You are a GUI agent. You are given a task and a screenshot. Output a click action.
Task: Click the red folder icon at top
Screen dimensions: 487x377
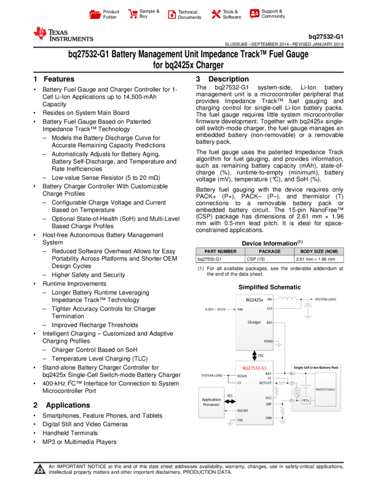pyautogui.click(x=95, y=15)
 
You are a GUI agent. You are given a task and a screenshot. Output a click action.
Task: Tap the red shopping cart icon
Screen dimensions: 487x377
pyautogui.click(x=133, y=14)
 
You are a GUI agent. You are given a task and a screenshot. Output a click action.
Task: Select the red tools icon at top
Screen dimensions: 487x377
pyautogui.click(x=216, y=14)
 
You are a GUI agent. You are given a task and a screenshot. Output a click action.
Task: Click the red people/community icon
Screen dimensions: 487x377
pyautogui.click(x=255, y=14)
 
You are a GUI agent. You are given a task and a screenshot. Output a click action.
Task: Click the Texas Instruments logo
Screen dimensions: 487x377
pyautogui.click(x=63, y=34)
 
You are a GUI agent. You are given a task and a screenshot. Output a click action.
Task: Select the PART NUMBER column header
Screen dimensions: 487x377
pyautogui.click(x=220, y=252)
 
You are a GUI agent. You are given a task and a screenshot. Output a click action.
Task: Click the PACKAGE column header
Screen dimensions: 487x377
pyautogui.click(x=270, y=252)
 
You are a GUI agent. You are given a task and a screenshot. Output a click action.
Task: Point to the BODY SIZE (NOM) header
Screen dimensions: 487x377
pyautogui.click(x=319, y=252)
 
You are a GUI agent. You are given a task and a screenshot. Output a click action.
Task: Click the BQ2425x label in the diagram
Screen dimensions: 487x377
pyautogui.click(x=255, y=300)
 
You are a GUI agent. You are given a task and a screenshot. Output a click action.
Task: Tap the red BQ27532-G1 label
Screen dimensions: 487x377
pyautogui.click(x=254, y=367)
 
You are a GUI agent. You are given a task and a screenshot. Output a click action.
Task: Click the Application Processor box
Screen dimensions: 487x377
pyautogui.click(x=211, y=402)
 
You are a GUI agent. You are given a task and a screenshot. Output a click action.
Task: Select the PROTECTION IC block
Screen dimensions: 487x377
pyautogui.click(x=325, y=390)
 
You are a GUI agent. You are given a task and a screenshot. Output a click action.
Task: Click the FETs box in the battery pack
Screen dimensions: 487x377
pyautogui.click(x=305, y=400)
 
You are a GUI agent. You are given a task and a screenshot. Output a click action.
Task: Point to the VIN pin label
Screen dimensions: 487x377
pyautogui.click(x=240, y=309)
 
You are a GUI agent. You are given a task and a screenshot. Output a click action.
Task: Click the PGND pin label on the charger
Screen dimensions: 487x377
pyautogui.click(x=268, y=341)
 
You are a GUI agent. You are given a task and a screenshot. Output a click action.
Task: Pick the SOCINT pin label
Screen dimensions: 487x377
pyautogui.click(x=243, y=411)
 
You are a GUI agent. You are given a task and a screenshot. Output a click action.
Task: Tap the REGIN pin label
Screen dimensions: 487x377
pyautogui.click(x=242, y=376)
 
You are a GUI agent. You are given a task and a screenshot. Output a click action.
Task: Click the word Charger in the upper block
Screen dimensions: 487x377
pyautogui.click(x=254, y=322)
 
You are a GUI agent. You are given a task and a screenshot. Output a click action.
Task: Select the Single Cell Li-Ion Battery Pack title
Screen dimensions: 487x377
pyautogui.click(x=316, y=367)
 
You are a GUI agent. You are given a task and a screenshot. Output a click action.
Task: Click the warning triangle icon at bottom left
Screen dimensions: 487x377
pyautogui.click(x=40, y=469)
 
